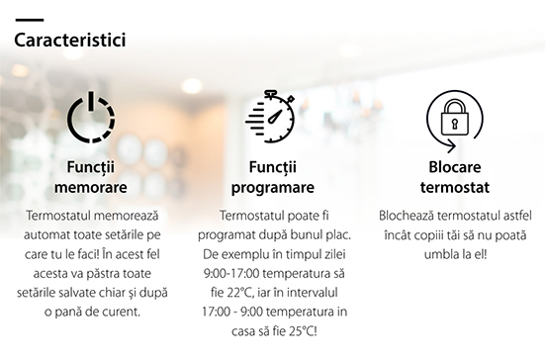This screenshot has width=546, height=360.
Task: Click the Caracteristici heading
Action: (x=70, y=40)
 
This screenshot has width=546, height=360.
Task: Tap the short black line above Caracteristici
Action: (x=30, y=20)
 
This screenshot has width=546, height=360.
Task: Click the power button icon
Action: (x=91, y=117)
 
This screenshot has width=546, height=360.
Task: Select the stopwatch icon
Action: (x=270, y=117)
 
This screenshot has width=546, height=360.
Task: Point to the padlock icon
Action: (x=455, y=118)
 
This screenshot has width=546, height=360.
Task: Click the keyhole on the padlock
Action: (x=455, y=124)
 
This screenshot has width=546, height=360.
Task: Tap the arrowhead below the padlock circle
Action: (x=451, y=146)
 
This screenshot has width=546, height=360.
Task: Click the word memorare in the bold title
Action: (x=91, y=187)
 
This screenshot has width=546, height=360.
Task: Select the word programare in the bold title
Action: (x=273, y=188)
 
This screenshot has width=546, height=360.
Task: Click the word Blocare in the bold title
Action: (x=455, y=167)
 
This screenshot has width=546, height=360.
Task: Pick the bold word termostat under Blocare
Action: (x=455, y=188)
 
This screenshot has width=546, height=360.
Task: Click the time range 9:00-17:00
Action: (x=231, y=274)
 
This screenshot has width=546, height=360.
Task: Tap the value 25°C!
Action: (x=303, y=331)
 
